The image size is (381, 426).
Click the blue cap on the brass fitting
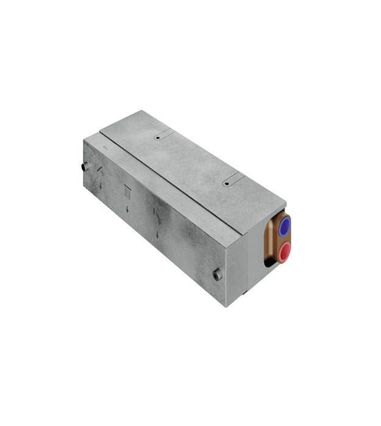coord(285,227)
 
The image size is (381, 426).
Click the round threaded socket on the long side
coord(217,275)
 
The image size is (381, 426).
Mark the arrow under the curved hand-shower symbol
coord(157,235)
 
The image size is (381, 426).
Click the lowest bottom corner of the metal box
coord(227,306)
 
